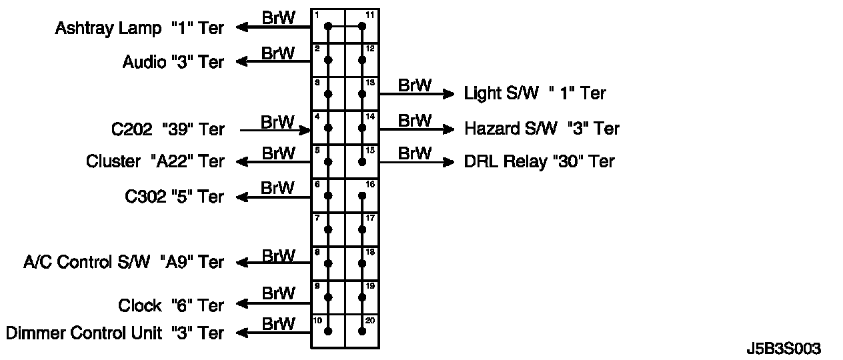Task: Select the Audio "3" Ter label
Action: pyautogui.click(x=173, y=62)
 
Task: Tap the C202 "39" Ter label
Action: pyautogui.click(x=168, y=129)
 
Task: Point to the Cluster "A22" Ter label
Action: pyautogui.click(x=155, y=161)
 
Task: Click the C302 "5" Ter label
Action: pyautogui.click(x=174, y=197)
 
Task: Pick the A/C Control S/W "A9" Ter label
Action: pyautogui.click(x=123, y=262)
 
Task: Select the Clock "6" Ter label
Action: pyautogui.click(x=171, y=305)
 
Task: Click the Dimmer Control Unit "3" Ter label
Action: pyautogui.click(x=114, y=332)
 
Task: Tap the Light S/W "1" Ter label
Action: pyautogui.click(x=534, y=93)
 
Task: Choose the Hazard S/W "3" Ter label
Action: pyautogui.click(x=542, y=128)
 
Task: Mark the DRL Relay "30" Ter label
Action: pyautogui.click(x=539, y=161)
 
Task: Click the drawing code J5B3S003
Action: pyautogui.click(x=784, y=349)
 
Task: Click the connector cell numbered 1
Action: pyautogui.click(x=328, y=26)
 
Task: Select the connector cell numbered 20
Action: pyautogui.click(x=362, y=331)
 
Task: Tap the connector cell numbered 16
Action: pyautogui.click(x=362, y=195)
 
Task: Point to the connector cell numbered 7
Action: pyautogui.click(x=328, y=229)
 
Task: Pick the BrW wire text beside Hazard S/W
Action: pyautogui.click(x=414, y=120)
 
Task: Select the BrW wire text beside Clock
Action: pyautogui.click(x=278, y=293)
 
